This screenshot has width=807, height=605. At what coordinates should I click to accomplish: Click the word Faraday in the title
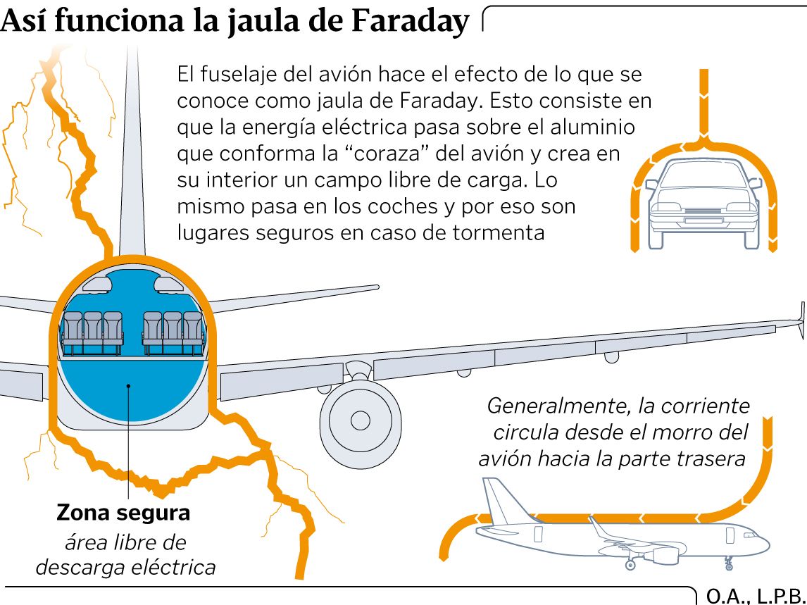point(411,22)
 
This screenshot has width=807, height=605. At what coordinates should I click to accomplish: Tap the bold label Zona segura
point(123,512)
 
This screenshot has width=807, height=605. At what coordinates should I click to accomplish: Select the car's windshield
point(703,174)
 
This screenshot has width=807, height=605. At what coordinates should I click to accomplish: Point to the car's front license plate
point(703,220)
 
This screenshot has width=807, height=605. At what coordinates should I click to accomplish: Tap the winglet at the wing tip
point(801,320)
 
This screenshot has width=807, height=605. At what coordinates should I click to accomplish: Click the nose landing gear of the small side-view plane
point(728,563)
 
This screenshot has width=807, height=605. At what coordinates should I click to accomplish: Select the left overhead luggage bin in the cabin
point(96,284)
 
